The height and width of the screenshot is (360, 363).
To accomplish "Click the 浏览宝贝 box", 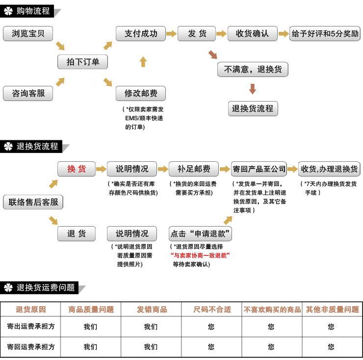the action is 28,33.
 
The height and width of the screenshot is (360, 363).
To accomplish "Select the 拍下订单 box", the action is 82,62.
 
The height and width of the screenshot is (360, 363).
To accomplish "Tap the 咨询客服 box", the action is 28,93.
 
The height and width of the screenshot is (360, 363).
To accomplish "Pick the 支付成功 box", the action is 141,33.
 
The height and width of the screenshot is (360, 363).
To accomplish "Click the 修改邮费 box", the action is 141,93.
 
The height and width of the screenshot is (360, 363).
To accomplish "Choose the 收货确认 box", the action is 252,33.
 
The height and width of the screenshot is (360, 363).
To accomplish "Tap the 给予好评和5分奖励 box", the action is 325,33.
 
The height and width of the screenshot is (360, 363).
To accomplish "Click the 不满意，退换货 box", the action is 253,69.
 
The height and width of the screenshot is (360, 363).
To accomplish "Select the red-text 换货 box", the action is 77,169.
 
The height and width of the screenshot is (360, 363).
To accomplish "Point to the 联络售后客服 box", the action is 33,202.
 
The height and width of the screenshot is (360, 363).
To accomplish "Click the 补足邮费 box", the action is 194,169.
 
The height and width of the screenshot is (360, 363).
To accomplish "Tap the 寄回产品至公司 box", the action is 259,169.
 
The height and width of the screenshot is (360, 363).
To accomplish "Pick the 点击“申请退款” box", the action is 200,233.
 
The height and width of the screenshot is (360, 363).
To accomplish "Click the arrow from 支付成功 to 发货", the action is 172,34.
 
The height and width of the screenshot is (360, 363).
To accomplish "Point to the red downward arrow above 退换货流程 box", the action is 253,89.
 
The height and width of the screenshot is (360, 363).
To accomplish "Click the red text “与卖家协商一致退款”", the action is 200,256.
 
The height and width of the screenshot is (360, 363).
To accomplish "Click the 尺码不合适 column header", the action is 212,309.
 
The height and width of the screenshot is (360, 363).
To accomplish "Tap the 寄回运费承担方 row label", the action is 31,347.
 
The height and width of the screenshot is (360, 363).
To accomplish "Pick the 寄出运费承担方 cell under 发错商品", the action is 151,327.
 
